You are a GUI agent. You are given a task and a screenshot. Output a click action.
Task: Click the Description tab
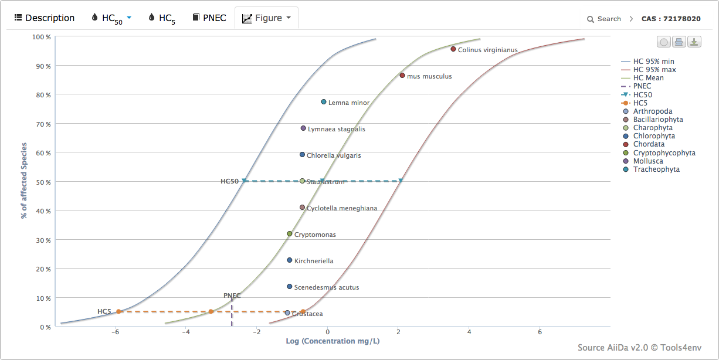(45, 18)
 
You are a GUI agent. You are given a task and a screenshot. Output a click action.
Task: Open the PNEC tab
(209, 18)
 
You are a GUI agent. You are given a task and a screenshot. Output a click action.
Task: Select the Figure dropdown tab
(266, 18)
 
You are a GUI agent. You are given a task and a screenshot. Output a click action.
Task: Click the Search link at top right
(604, 19)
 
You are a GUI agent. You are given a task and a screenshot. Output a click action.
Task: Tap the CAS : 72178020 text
(671, 19)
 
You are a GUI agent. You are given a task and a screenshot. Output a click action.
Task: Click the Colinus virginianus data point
(453, 49)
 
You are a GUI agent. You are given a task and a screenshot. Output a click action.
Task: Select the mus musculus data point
(402, 76)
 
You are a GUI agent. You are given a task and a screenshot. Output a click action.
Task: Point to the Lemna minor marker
(324, 102)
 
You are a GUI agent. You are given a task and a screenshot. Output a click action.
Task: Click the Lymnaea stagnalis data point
(303, 128)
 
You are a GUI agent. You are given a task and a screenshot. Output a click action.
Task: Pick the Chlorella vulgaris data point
(303, 155)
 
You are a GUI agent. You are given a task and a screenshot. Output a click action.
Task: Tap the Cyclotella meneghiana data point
(303, 208)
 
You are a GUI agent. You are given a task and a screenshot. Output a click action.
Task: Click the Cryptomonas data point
(290, 234)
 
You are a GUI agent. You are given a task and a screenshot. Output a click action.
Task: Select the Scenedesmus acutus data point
(290, 287)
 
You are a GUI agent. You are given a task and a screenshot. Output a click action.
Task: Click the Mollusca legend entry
(648, 161)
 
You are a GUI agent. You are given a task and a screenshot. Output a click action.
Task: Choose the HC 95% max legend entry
(654, 70)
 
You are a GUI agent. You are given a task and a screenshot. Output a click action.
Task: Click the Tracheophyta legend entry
(656, 169)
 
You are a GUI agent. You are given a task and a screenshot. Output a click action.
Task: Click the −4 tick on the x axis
(185, 332)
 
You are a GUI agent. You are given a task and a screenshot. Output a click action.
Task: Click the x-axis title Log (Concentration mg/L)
(333, 341)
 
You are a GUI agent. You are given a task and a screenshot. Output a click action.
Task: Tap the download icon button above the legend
(694, 42)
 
